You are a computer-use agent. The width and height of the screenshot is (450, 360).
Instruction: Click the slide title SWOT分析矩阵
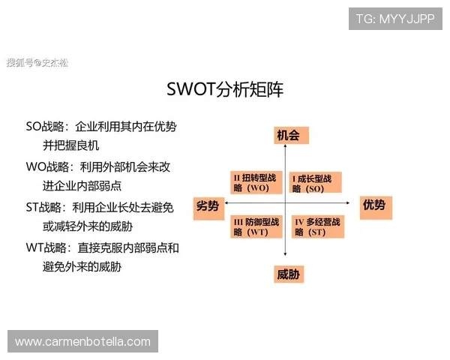point(225,90)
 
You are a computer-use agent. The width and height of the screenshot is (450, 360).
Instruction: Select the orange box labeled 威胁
point(288,274)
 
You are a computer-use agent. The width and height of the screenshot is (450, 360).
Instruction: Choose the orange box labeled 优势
point(373,205)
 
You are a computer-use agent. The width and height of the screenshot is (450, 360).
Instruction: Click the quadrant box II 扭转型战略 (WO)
point(256,183)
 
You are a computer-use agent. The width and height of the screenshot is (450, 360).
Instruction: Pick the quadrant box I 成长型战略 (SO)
point(316,183)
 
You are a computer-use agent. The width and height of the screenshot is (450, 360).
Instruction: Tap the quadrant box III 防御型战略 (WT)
point(256,227)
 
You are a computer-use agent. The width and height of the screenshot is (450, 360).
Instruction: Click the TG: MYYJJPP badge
point(395,18)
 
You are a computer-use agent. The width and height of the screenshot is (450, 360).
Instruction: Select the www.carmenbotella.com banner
point(83,342)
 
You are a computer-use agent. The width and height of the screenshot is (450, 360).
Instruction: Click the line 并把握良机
point(71,145)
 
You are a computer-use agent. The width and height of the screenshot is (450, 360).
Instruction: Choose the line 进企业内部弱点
point(82,185)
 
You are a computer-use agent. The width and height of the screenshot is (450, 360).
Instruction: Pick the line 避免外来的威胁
point(82,265)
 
